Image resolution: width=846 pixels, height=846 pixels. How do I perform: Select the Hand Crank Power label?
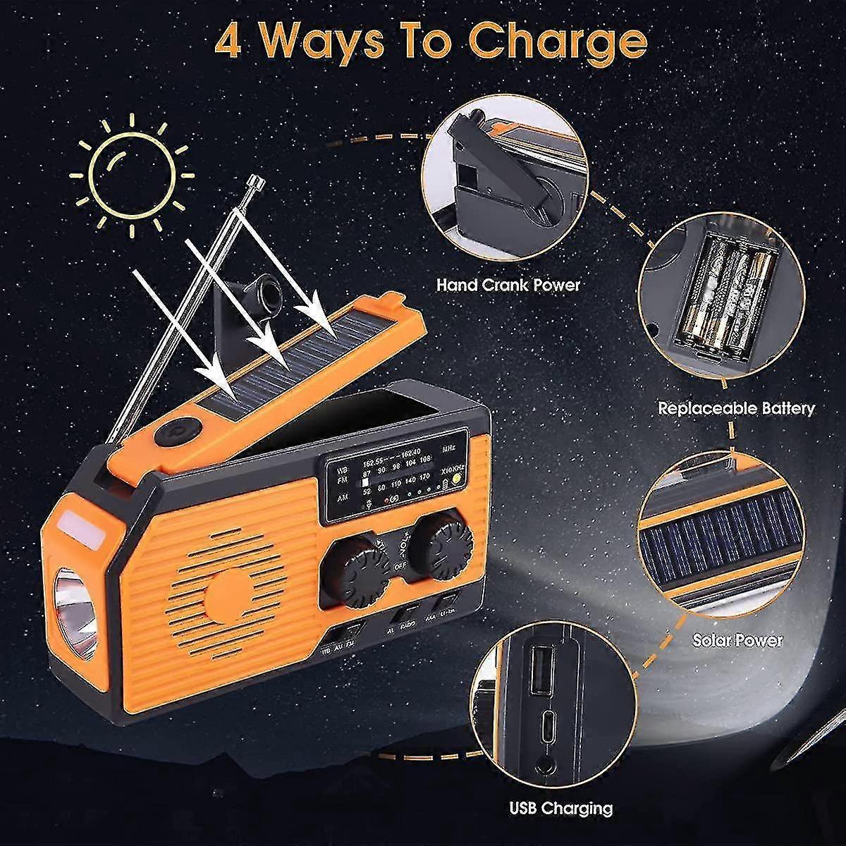pos(508,285)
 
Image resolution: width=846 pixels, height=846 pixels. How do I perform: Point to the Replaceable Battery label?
pos(736,408)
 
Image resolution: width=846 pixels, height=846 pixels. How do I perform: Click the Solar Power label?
pos(737,640)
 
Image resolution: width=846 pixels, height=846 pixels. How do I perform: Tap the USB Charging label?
pos(562,808)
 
